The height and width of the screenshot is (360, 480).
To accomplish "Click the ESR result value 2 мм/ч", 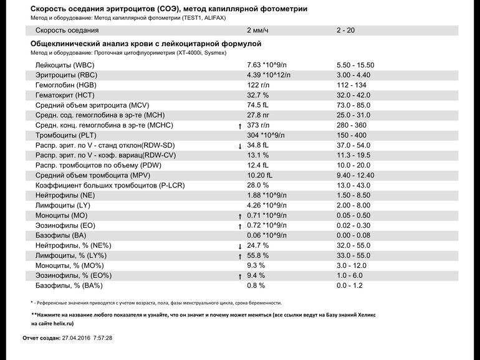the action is click(257, 31).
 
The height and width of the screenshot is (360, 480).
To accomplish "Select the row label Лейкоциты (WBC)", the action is click(65, 65).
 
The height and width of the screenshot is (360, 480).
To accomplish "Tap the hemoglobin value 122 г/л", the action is click(258, 85).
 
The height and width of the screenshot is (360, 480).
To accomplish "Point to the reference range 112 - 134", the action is click(352, 85).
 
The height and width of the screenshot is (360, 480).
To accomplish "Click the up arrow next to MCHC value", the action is click(240, 126).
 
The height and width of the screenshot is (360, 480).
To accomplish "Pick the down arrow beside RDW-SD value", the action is click(240, 146).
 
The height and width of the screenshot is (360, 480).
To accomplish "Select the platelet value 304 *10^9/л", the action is click(266, 135).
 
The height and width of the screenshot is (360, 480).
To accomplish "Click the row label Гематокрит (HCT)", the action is click(65, 95).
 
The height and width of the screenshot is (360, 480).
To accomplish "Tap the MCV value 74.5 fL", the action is click(257, 105).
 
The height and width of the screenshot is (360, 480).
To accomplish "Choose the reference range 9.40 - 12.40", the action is click(355, 175).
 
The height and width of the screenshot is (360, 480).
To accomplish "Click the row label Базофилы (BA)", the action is click(60, 235).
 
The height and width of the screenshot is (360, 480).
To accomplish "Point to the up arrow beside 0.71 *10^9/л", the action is click(240, 216).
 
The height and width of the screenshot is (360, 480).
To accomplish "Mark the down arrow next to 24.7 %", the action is click(240, 246).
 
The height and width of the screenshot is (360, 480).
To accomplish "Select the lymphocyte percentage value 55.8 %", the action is click(257, 255).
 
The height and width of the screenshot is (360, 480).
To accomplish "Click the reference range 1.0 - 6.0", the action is click(350, 275).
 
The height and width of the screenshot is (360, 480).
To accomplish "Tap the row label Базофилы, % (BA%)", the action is click(69, 286).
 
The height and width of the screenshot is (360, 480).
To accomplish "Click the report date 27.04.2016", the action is click(76, 338).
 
